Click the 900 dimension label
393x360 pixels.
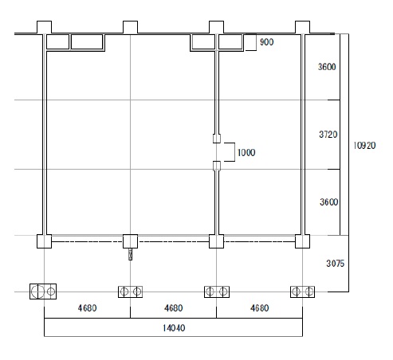pos(266,42)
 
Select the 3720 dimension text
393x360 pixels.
pos(328,135)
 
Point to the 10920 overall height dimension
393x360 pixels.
pos(364,146)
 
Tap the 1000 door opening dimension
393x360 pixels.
pos(246,152)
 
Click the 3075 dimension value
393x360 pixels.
pos(336,264)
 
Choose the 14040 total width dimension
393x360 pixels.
pos(174,328)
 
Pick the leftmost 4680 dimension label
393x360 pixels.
pos(87,308)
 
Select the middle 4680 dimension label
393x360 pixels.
pos(173,308)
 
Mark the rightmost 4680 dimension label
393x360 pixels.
pos(259,308)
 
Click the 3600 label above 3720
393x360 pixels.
pos(327,67)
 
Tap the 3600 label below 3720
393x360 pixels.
pos(329,202)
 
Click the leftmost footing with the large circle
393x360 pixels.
pos(43,292)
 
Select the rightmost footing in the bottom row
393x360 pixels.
pos(302,292)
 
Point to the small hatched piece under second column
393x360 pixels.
pos(130,254)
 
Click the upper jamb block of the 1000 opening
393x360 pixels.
pos(217,139)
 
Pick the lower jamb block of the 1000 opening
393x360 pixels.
pos(217,166)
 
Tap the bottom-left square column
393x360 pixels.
pos(44,241)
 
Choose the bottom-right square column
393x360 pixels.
pos(302,241)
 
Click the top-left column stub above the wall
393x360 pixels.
pos(44,27)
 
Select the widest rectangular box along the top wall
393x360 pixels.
pos(87,42)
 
